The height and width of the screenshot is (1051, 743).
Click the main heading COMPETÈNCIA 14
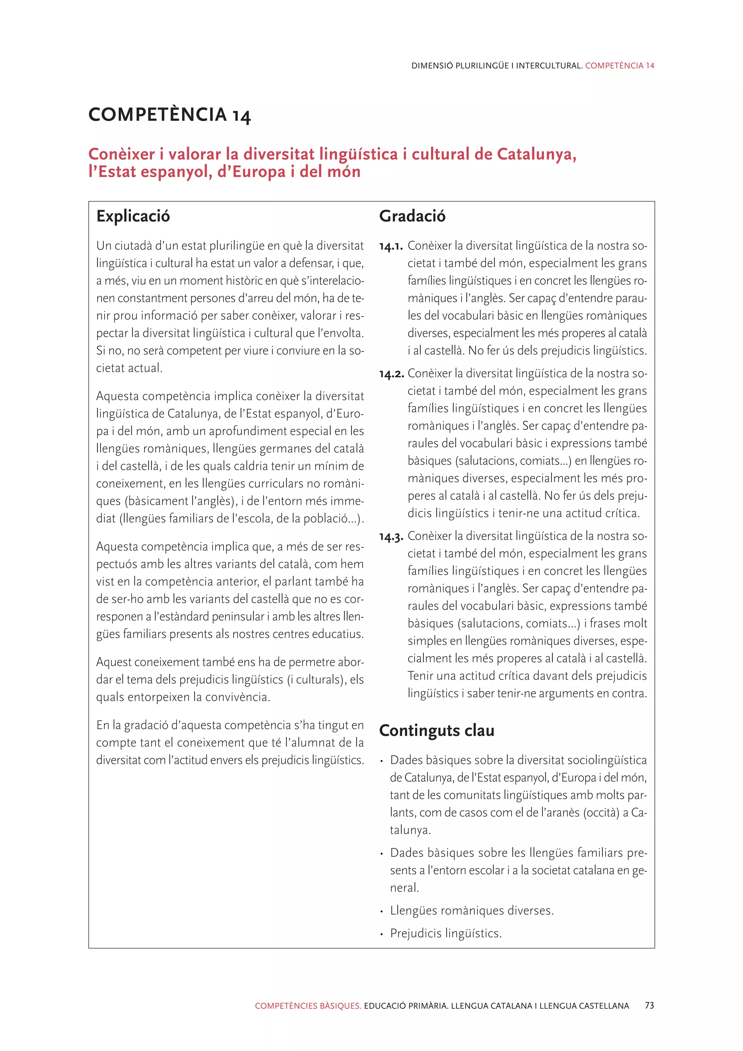click(169, 115)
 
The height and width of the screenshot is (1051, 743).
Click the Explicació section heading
click(133, 216)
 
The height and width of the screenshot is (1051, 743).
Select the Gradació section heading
click(412, 216)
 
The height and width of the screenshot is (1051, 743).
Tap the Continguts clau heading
click(436, 730)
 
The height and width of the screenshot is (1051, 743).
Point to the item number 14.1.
click(391, 247)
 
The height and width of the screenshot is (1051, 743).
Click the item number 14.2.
click(391, 375)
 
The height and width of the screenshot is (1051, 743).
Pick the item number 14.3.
click(391, 537)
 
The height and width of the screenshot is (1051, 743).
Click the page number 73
click(649, 1006)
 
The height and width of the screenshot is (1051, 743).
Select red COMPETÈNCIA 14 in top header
click(620, 65)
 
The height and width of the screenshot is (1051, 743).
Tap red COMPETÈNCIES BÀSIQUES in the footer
click(308, 1006)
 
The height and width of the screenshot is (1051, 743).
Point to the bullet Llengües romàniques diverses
click(472, 911)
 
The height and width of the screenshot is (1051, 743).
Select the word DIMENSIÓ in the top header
click(432, 65)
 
